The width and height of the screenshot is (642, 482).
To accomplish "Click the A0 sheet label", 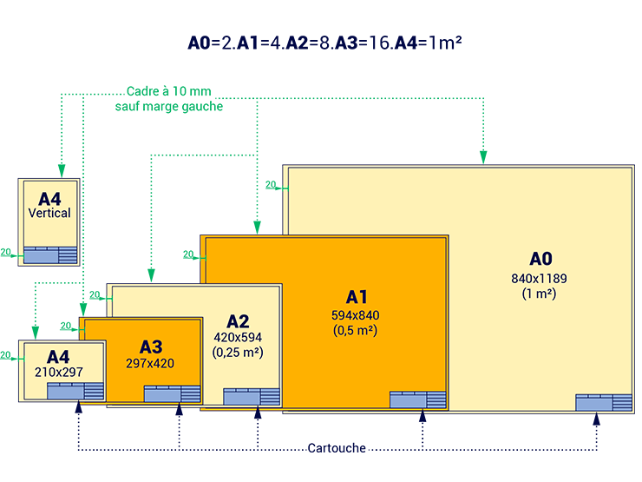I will (541, 259).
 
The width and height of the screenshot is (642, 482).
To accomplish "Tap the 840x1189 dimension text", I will (540, 278).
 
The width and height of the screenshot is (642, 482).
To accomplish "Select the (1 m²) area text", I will (540, 294).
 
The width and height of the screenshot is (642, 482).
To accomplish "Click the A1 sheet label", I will (357, 295).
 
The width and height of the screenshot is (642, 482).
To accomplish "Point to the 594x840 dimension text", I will (356, 314).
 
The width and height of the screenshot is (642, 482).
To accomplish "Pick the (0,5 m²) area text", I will (356, 330).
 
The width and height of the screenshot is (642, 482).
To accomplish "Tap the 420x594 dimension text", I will (237, 337).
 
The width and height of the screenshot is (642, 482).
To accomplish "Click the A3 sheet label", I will (151, 347).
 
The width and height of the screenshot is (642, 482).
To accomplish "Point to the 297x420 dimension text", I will (150, 363).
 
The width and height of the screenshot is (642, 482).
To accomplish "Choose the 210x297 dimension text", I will (58, 371).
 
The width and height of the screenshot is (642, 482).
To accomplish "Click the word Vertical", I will (49, 213).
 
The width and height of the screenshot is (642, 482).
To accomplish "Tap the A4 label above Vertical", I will (49, 197).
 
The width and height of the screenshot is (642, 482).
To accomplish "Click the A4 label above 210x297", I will (58, 356).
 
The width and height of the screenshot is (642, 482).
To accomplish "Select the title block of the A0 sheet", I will (604, 402).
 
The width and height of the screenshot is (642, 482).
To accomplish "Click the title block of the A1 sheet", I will (417, 399).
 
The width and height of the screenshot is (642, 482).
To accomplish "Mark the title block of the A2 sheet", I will (252, 396).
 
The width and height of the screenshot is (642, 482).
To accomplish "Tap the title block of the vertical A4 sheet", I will (50, 254).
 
